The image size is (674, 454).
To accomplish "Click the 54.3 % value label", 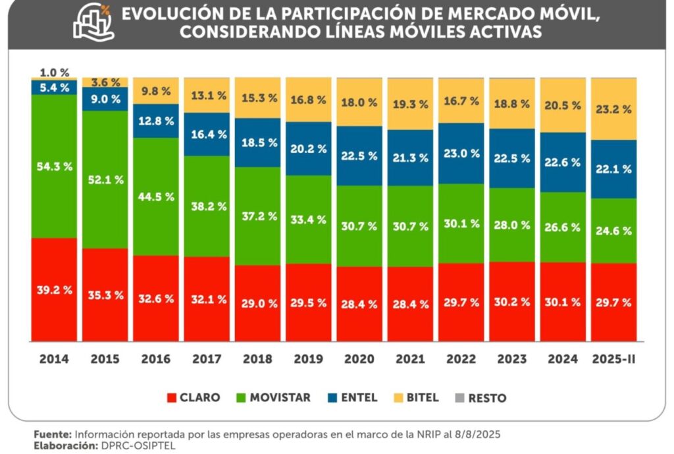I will coord(54,167).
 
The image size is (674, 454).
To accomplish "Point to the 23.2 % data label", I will coord(613,109).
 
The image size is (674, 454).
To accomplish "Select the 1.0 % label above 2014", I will coord(54,72).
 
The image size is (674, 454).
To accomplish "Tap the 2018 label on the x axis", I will coord(257,359).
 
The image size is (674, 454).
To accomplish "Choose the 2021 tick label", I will coord(410,359).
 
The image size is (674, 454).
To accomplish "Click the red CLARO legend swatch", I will coord(172,397).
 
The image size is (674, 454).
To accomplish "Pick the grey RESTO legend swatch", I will coord(461,397).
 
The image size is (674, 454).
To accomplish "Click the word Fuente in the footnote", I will coord(52,435).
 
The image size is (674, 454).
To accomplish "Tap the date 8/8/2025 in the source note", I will coord(478,435).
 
